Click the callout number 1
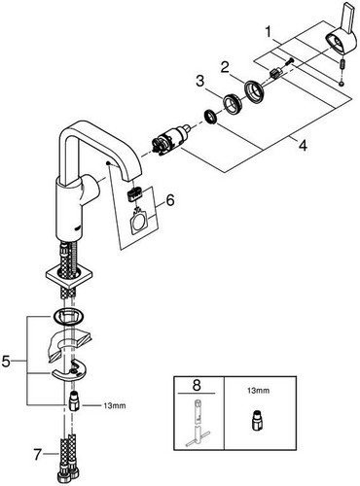point(268,32)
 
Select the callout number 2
point(225,68)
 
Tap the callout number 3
point(200,81)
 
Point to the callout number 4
point(303,146)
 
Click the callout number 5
point(6,361)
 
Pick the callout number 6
point(170,200)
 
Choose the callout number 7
point(38,455)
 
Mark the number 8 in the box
point(197,385)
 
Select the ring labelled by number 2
point(255,92)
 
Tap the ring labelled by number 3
point(232,103)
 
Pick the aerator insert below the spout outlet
point(133,195)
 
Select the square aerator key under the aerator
point(139,222)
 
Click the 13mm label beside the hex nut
point(115,405)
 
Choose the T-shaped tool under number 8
point(198,422)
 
